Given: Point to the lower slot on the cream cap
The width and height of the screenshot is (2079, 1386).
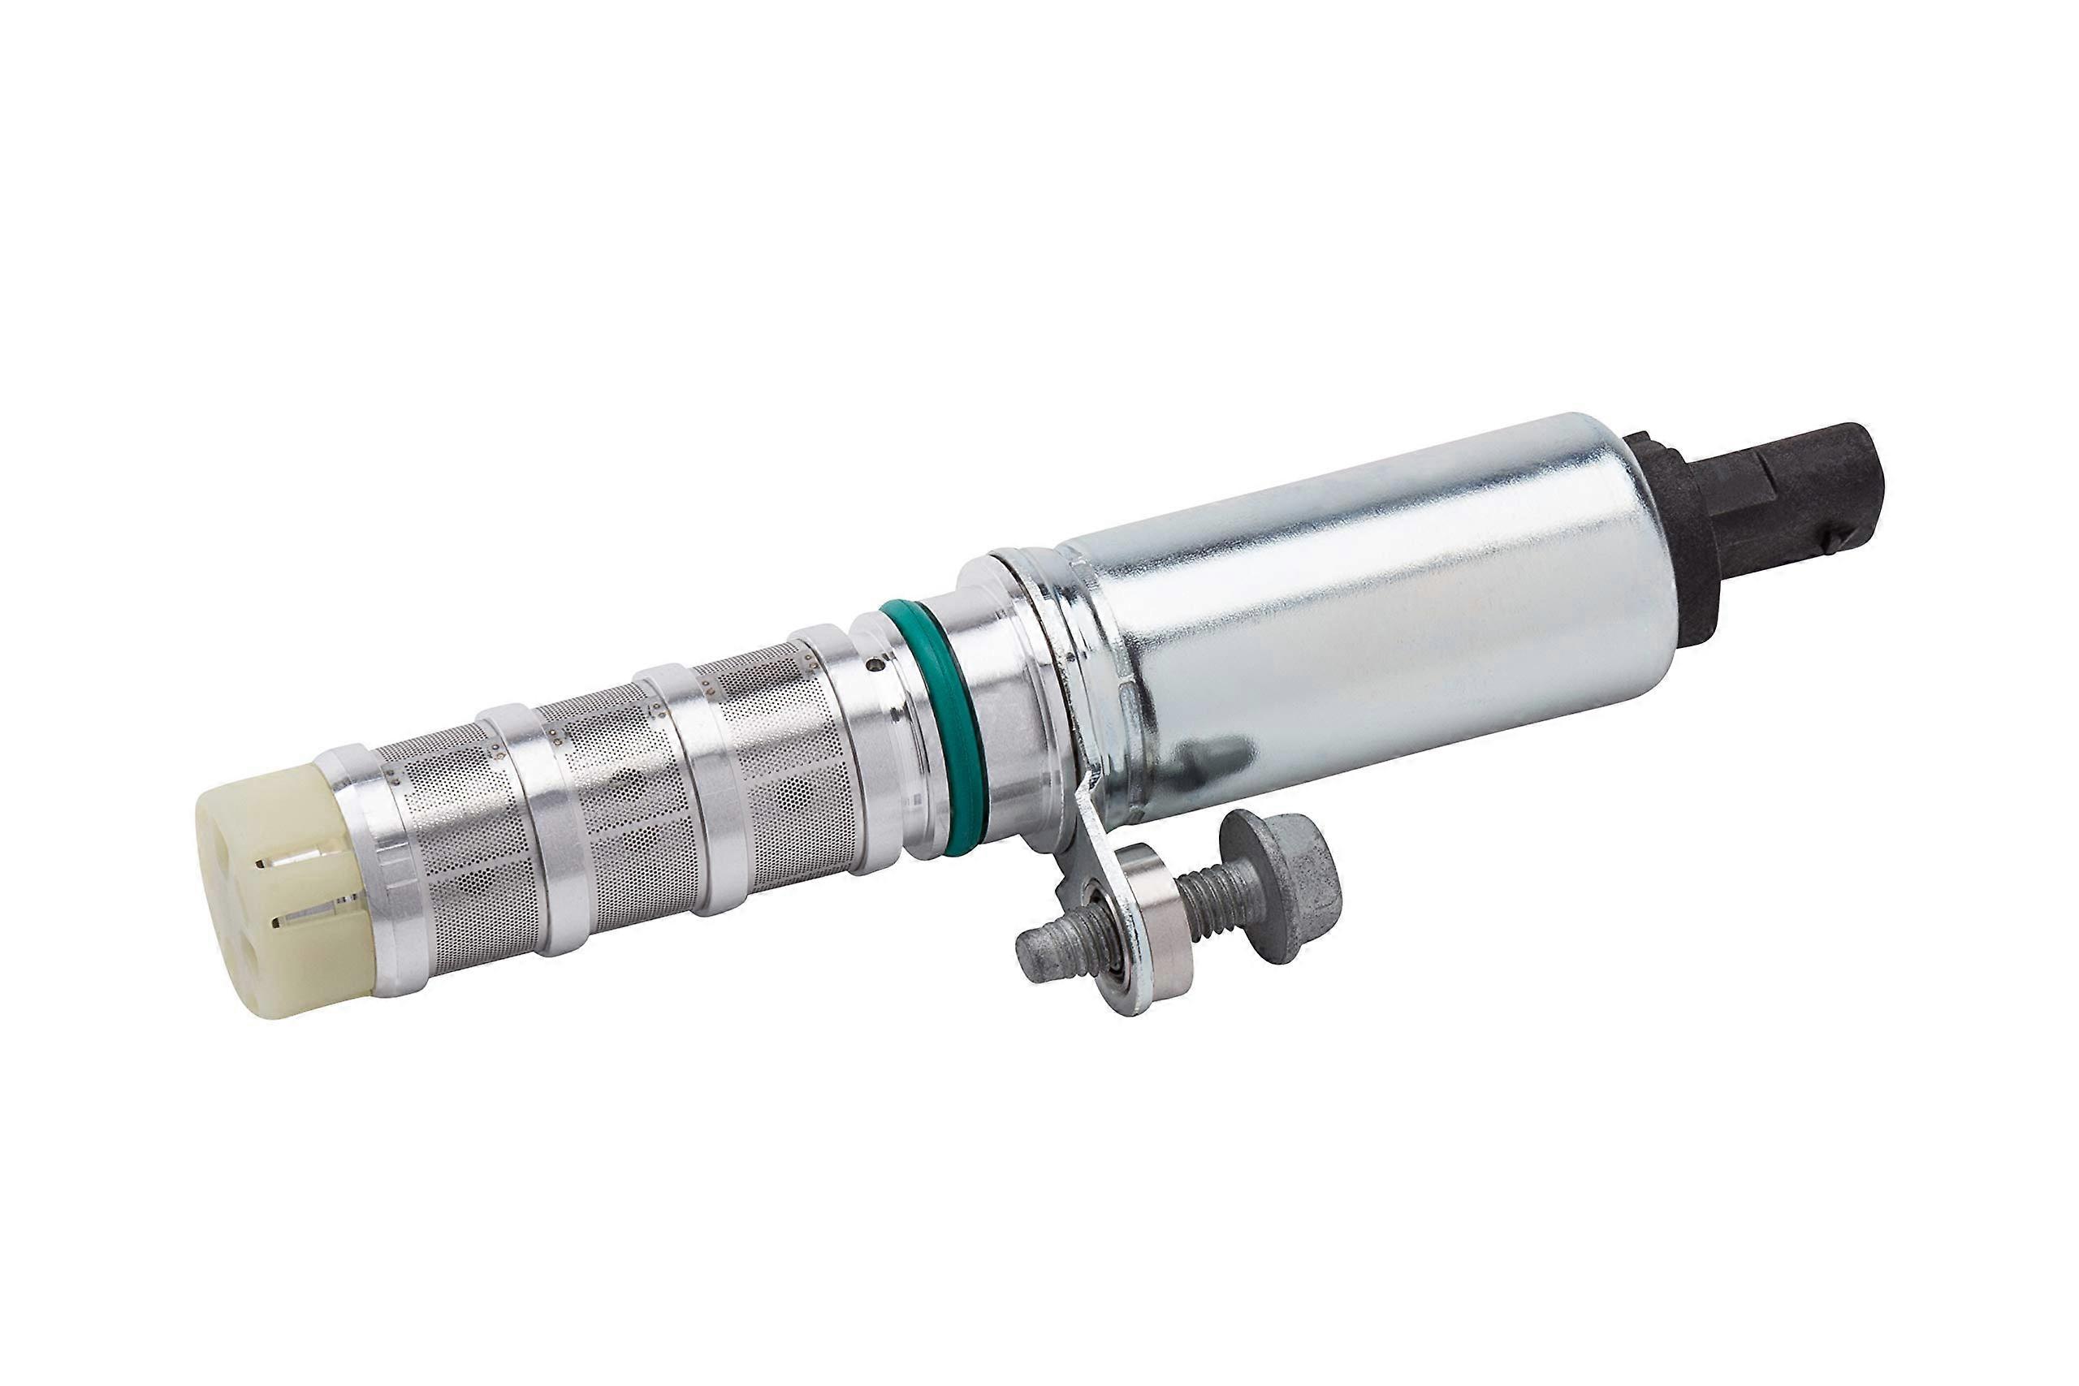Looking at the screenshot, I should [x=305, y=922].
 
